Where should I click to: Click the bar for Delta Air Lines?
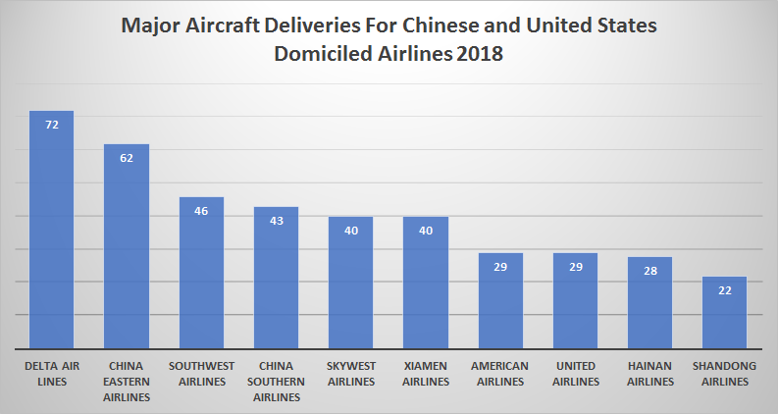click(x=51, y=235)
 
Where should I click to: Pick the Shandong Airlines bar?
click(x=724, y=314)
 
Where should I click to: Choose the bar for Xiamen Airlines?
click(x=426, y=285)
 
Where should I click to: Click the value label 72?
click(x=51, y=126)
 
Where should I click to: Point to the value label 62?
click(x=127, y=158)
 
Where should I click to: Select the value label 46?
click(x=201, y=211)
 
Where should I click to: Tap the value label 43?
click(x=276, y=221)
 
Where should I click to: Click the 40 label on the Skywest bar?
click(x=350, y=231)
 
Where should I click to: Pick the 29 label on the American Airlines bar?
click(x=500, y=267)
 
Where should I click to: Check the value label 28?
click(x=649, y=271)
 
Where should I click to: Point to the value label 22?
click(x=724, y=290)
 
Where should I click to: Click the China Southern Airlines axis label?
click(x=276, y=382)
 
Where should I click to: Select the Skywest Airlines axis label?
click(x=350, y=374)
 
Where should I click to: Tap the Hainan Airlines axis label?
click(x=649, y=374)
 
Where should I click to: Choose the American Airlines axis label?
click(x=500, y=374)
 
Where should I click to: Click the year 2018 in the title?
click(x=478, y=56)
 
